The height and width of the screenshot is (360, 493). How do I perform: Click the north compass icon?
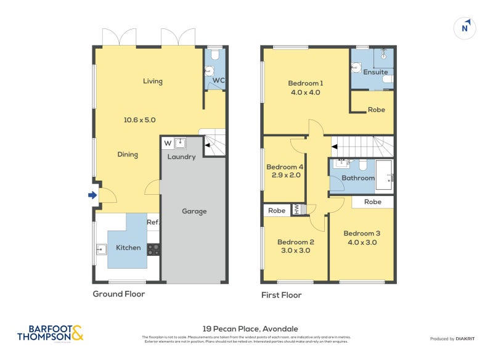coord(465,27)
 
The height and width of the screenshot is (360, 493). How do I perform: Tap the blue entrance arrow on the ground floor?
coord(92,195)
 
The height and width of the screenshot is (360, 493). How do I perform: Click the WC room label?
coord(219,81)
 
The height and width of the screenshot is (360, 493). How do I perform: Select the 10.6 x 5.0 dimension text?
coord(141,120)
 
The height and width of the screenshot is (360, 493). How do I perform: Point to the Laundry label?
coord(181,157)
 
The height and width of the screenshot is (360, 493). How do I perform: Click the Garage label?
coord(194,211)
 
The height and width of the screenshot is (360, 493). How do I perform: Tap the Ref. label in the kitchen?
coord(152,223)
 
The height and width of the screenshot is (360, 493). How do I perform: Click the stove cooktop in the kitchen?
coord(153,249)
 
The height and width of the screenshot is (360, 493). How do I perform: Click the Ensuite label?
coord(375,72)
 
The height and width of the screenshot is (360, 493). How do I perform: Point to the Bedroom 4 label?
coord(284,167)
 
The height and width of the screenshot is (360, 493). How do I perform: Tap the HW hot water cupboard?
coord(296,210)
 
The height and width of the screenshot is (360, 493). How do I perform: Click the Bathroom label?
coord(358,178)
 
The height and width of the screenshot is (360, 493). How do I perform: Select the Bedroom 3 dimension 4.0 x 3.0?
coord(362,242)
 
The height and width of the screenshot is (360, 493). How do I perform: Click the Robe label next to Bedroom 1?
coord(376,110)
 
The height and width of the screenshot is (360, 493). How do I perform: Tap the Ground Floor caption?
coord(119,294)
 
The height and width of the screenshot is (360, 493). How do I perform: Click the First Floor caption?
coord(281,295)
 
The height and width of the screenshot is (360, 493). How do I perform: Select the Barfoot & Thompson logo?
coord(50,333)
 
